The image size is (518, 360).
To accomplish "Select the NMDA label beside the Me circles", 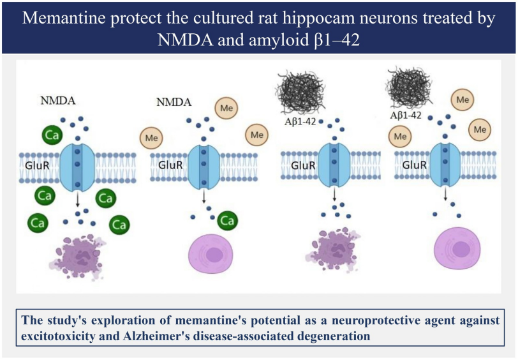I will (x=174, y=101).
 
